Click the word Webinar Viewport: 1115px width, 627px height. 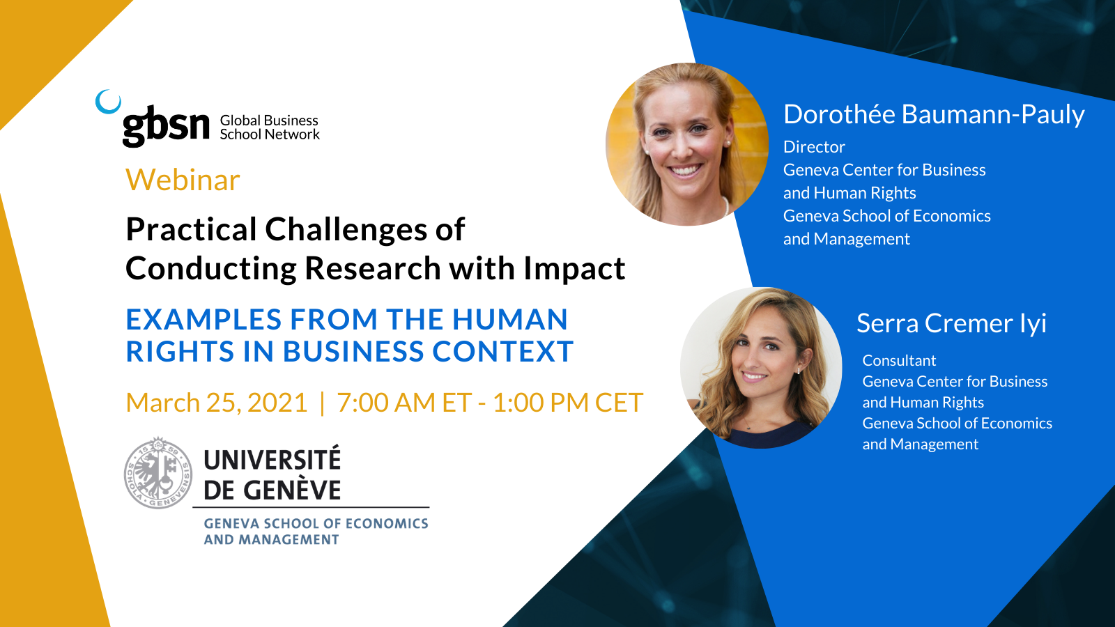(183, 180)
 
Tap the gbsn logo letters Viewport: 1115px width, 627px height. (166, 126)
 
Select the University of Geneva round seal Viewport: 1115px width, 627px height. (158, 473)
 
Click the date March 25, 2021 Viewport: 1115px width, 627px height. (217, 403)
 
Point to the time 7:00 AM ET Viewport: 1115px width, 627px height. (404, 403)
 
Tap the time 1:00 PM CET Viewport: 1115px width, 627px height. (568, 403)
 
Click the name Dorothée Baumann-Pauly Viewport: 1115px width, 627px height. (934, 114)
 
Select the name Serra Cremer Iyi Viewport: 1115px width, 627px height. (951, 323)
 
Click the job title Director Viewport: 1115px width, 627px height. (814, 147)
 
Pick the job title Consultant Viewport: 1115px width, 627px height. (899, 360)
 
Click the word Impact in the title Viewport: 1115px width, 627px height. (574, 270)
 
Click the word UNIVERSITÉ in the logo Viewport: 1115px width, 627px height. (272, 459)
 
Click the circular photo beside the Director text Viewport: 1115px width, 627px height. (687, 144)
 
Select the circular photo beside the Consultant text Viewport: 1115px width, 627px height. (761, 368)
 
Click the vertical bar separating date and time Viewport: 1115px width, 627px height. (322, 403)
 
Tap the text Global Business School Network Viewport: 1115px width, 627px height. (269, 127)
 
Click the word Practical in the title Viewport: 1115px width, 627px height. (191, 229)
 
